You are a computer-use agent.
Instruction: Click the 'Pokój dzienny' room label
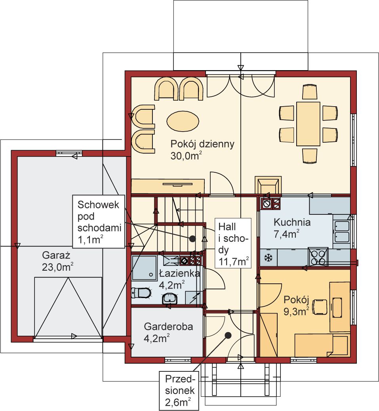202,144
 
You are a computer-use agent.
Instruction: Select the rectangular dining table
308,124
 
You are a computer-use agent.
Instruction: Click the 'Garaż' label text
56,255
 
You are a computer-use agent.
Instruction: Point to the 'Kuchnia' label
292,222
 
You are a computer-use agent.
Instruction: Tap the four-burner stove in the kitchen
318,256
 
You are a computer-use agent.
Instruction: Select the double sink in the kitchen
342,231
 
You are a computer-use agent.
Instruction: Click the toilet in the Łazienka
141,293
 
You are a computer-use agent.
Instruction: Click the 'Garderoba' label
168,327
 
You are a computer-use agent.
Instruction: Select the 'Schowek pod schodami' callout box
99,222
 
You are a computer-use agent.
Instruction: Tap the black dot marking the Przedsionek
229,335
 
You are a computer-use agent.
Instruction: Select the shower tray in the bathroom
144,268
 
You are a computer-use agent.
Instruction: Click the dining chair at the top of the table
310,92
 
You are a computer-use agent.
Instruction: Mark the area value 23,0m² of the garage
57,267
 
